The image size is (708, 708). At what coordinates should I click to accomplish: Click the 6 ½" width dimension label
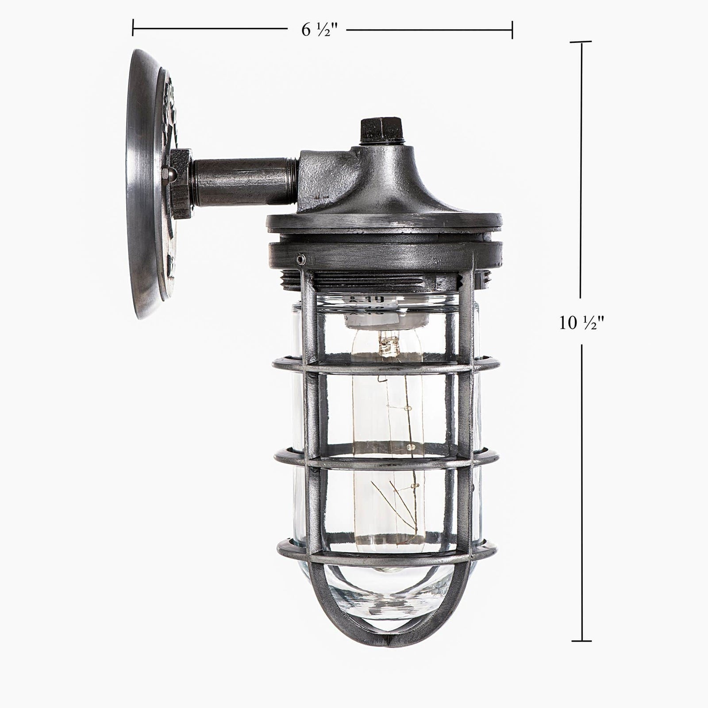[319, 30]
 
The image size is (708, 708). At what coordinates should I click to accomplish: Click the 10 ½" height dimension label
[581, 323]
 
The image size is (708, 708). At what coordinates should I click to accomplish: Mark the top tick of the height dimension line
[581, 42]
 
